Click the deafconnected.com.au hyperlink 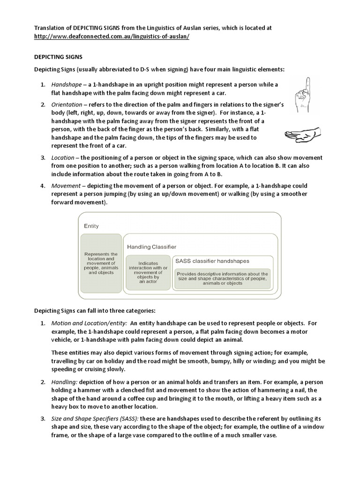click(112, 37)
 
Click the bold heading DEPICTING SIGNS click(59, 57)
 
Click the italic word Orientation click(67, 104)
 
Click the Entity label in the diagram click(91, 226)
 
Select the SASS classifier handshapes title click(211, 261)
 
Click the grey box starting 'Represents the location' click(101, 264)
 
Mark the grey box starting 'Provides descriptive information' click(222, 278)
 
